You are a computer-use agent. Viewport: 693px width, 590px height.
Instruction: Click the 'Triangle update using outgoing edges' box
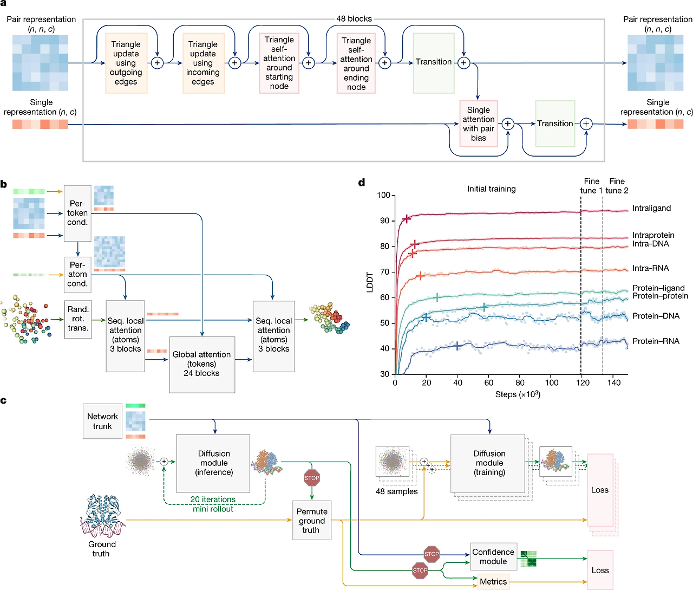pos(126,63)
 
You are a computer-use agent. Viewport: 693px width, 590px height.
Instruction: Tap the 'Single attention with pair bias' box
pos(479,124)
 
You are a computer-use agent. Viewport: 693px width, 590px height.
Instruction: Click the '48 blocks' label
pos(354,18)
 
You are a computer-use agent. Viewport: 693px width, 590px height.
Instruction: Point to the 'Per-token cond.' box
pos(77,213)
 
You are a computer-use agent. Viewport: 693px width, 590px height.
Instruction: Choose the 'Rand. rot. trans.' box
pos(78,319)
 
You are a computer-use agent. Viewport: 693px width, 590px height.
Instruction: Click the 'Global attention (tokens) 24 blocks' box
pos(202,364)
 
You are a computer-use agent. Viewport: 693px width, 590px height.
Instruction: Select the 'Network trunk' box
pos(102,421)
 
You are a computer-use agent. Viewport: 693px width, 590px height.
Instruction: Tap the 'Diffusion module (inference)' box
pos(213,463)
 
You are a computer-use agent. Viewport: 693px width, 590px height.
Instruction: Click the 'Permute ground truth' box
pos(311,521)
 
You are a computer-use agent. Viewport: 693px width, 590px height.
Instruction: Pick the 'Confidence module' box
pos(493,556)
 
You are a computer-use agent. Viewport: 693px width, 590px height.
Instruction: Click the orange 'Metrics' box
pos(493,581)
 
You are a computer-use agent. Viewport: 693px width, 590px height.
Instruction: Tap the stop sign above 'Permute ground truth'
pos(312,478)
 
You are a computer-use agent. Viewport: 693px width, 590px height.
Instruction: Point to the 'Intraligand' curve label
pos(651,208)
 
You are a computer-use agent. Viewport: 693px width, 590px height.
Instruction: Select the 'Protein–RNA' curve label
pos(656,341)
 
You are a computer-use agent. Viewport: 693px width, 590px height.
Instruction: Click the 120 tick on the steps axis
pos(583,382)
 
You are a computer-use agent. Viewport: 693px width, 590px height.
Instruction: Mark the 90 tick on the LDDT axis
pos(384,221)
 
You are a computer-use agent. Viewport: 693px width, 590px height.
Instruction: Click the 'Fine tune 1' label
pos(591,186)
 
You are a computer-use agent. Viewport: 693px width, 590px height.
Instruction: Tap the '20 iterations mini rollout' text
pos(213,504)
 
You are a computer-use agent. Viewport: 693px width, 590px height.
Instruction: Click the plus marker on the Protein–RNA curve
pos(457,346)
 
